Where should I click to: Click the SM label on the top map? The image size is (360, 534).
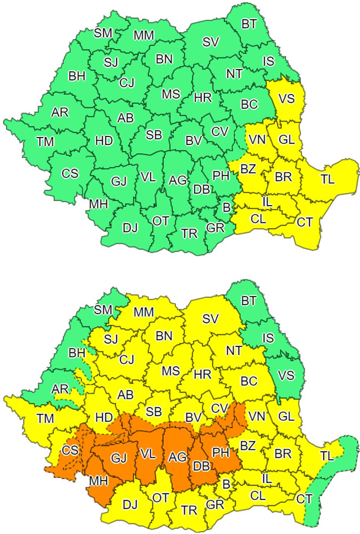tap(103, 33)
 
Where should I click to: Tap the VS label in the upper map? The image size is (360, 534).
tap(286, 98)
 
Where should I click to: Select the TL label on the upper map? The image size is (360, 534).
tap(327, 179)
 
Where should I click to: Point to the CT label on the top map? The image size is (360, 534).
tap(305, 223)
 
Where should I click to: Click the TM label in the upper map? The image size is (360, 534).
tap(46, 141)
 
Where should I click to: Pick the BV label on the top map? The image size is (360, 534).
tap(193, 141)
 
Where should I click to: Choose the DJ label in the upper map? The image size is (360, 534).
tap(130, 227)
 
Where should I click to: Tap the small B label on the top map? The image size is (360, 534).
tap(226, 207)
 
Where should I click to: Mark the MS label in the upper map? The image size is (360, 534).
tap(171, 94)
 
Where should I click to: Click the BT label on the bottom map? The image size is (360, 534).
tap(249, 301)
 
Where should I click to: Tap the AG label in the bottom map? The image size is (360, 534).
tap(178, 457)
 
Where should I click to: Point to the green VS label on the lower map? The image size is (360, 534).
tap(286, 375)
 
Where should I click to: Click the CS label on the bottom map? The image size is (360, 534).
tap(70, 450)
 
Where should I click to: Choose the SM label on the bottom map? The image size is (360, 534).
tap(103, 310)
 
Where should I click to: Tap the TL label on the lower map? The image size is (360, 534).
tap(327, 456)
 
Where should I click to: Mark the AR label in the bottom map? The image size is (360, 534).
tap(60, 389)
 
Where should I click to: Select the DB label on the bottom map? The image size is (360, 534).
tap(201, 466)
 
